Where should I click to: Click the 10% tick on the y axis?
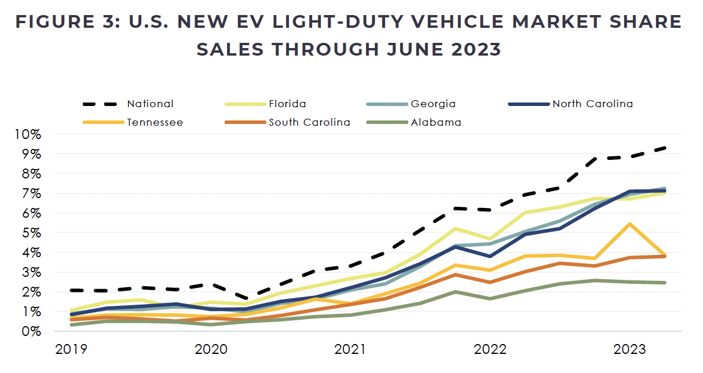pyautogui.click(x=28, y=134)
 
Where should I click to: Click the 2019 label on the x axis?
pyautogui.click(x=71, y=350)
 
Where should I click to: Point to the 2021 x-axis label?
pyautogui.click(x=350, y=350)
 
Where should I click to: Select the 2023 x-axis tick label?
pyautogui.click(x=629, y=350)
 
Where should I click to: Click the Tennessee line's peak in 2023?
pyautogui.click(x=629, y=224)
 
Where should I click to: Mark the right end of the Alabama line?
pyautogui.click(x=665, y=283)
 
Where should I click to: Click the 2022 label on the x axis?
pyautogui.click(x=489, y=350)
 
